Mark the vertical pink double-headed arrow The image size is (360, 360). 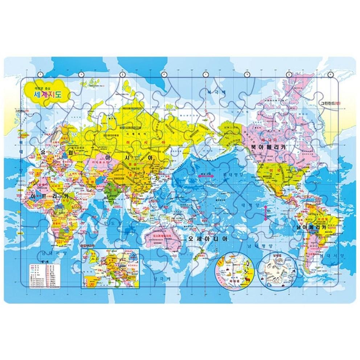266,212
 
